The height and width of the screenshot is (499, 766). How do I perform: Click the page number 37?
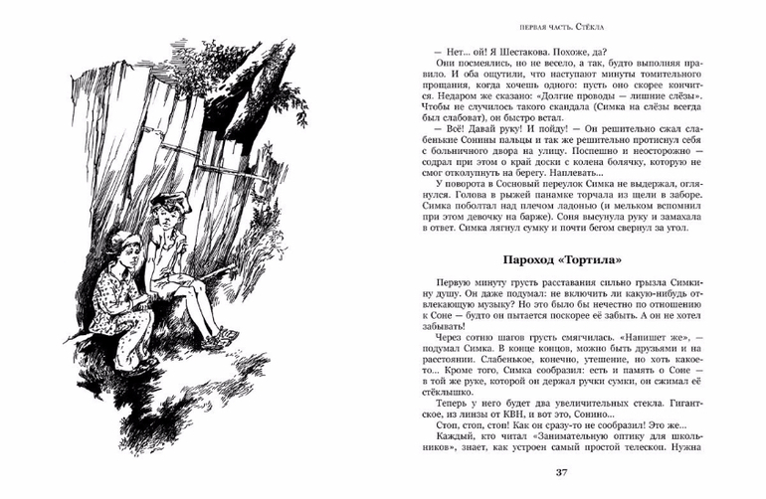coord(561,472)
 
